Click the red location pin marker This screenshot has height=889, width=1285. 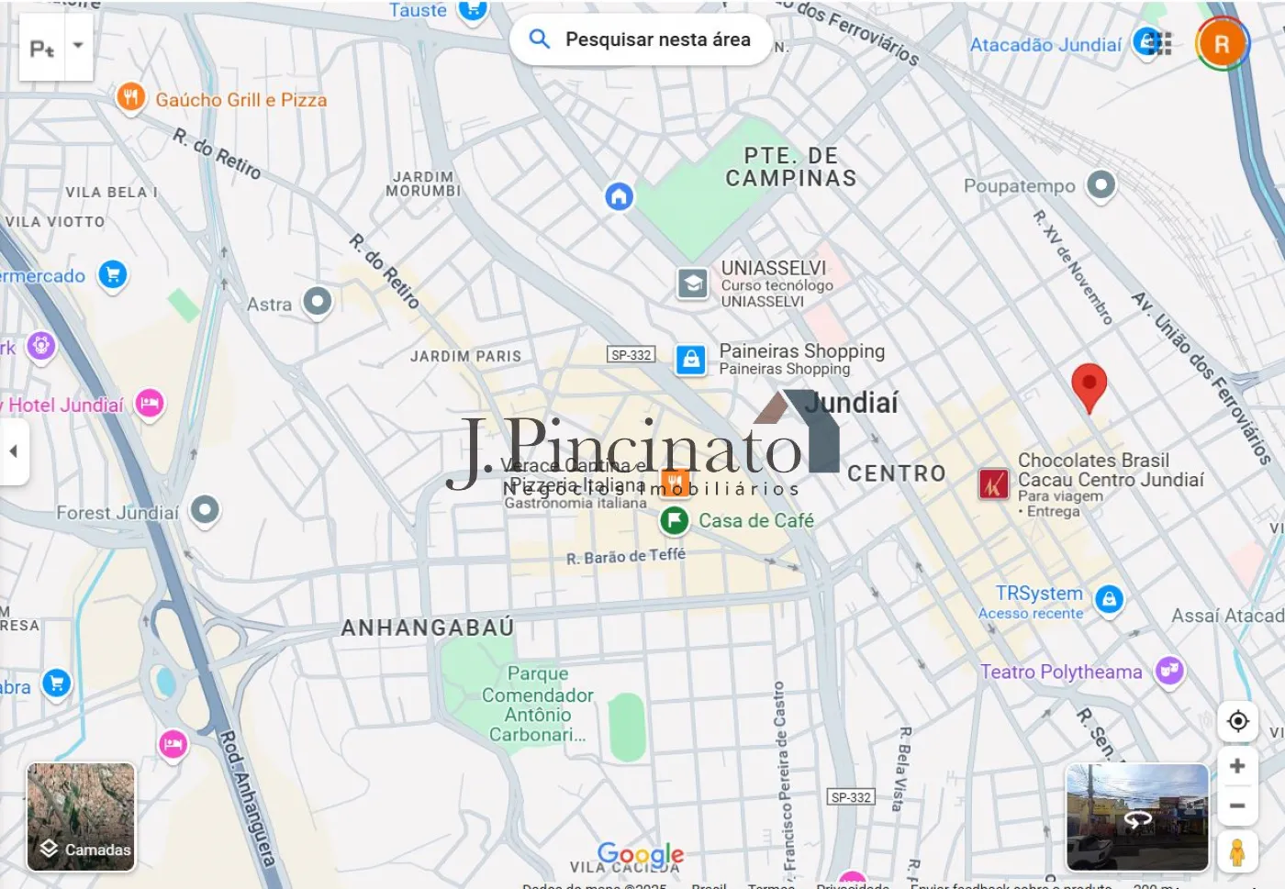(x=1089, y=384)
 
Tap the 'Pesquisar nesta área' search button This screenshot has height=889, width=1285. (x=641, y=39)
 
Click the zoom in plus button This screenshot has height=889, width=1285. (x=1237, y=766)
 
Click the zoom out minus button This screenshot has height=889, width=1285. (x=1237, y=806)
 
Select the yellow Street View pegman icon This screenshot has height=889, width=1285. (x=1237, y=851)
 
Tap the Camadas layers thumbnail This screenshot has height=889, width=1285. (x=81, y=817)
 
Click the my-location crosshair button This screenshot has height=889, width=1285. (x=1237, y=721)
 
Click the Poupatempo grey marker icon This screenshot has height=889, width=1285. (x=1101, y=184)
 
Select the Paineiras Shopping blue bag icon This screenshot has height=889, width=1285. (x=691, y=359)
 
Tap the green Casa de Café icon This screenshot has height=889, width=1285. (x=675, y=521)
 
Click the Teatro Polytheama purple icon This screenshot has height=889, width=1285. (x=1169, y=671)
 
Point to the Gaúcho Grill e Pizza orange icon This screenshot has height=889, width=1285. (x=131, y=97)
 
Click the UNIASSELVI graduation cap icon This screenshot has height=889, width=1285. (x=693, y=283)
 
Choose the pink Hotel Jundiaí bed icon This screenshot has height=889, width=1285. (x=150, y=404)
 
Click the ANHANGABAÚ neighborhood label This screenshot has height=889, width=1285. (x=427, y=628)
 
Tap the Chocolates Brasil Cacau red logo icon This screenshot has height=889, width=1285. (x=993, y=483)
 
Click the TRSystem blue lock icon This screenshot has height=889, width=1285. (x=1109, y=600)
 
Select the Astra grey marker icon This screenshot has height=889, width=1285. (x=318, y=301)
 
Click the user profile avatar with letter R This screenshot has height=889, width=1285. (x=1222, y=43)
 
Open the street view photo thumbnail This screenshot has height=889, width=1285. (x=1137, y=817)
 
